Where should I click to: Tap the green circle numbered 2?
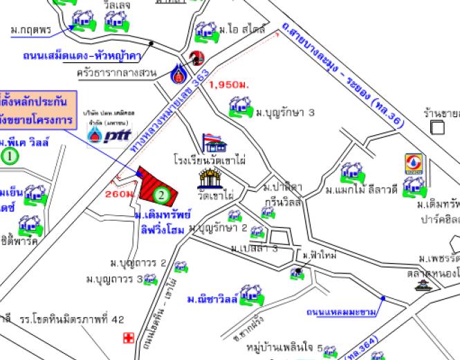point(160,195)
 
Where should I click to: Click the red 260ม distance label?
point(119,195)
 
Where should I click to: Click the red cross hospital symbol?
point(127,338)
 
